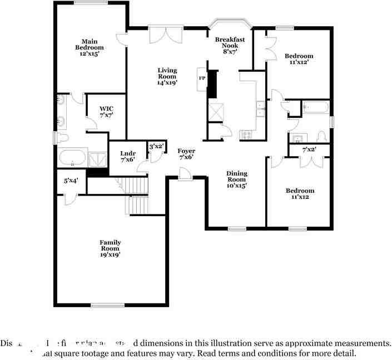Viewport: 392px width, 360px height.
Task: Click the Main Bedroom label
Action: click(x=90, y=48)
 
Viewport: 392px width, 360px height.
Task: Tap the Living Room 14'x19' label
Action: click(x=167, y=76)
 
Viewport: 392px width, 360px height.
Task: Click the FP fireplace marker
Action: click(x=202, y=78)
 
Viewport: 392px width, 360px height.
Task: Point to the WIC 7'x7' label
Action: click(x=106, y=111)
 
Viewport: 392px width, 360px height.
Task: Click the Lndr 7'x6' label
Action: click(x=128, y=156)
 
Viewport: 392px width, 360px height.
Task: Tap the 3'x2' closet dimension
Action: click(x=156, y=147)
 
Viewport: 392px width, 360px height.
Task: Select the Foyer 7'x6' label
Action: click(x=186, y=154)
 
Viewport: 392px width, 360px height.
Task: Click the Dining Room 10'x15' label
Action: click(x=236, y=179)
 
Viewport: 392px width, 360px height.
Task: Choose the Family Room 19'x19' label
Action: click(x=110, y=248)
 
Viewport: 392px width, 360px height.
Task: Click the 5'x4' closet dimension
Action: click(x=71, y=181)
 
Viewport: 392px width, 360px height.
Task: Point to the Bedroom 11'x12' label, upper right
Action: click(x=299, y=59)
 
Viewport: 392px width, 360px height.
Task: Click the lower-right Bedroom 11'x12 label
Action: click(x=299, y=193)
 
